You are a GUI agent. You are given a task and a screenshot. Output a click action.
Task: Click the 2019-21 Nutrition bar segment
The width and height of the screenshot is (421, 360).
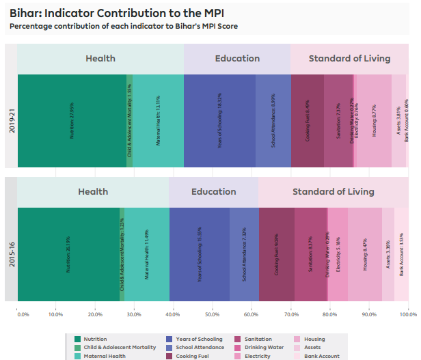[x=72, y=120]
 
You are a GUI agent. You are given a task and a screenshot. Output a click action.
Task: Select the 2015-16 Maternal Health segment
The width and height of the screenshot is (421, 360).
[x=146, y=254]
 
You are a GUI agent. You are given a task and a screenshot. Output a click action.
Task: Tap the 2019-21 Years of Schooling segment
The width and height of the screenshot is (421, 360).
[x=219, y=120]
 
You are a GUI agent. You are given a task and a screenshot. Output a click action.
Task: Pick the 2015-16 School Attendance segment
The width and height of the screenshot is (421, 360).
[x=244, y=254]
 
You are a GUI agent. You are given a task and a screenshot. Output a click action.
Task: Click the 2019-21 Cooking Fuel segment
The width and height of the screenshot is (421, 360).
[x=308, y=120]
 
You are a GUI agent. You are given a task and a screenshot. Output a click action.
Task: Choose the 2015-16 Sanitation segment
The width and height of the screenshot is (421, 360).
[x=310, y=254]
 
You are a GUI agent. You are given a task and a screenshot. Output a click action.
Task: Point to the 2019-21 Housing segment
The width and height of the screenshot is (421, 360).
[x=374, y=120]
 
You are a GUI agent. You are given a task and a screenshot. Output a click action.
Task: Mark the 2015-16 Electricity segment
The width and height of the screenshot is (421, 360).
[x=338, y=254]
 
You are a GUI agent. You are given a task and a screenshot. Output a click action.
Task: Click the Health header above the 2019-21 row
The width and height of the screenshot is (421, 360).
[x=100, y=59]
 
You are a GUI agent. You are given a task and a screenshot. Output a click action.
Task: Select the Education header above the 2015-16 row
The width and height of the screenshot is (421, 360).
[x=213, y=192]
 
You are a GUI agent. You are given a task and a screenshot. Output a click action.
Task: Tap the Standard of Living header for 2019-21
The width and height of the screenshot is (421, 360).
[x=349, y=59]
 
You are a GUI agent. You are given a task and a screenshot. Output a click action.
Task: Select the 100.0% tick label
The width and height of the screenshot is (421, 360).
[x=408, y=315]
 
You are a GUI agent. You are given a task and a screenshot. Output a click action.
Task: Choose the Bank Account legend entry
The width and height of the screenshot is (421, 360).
[x=321, y=356]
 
